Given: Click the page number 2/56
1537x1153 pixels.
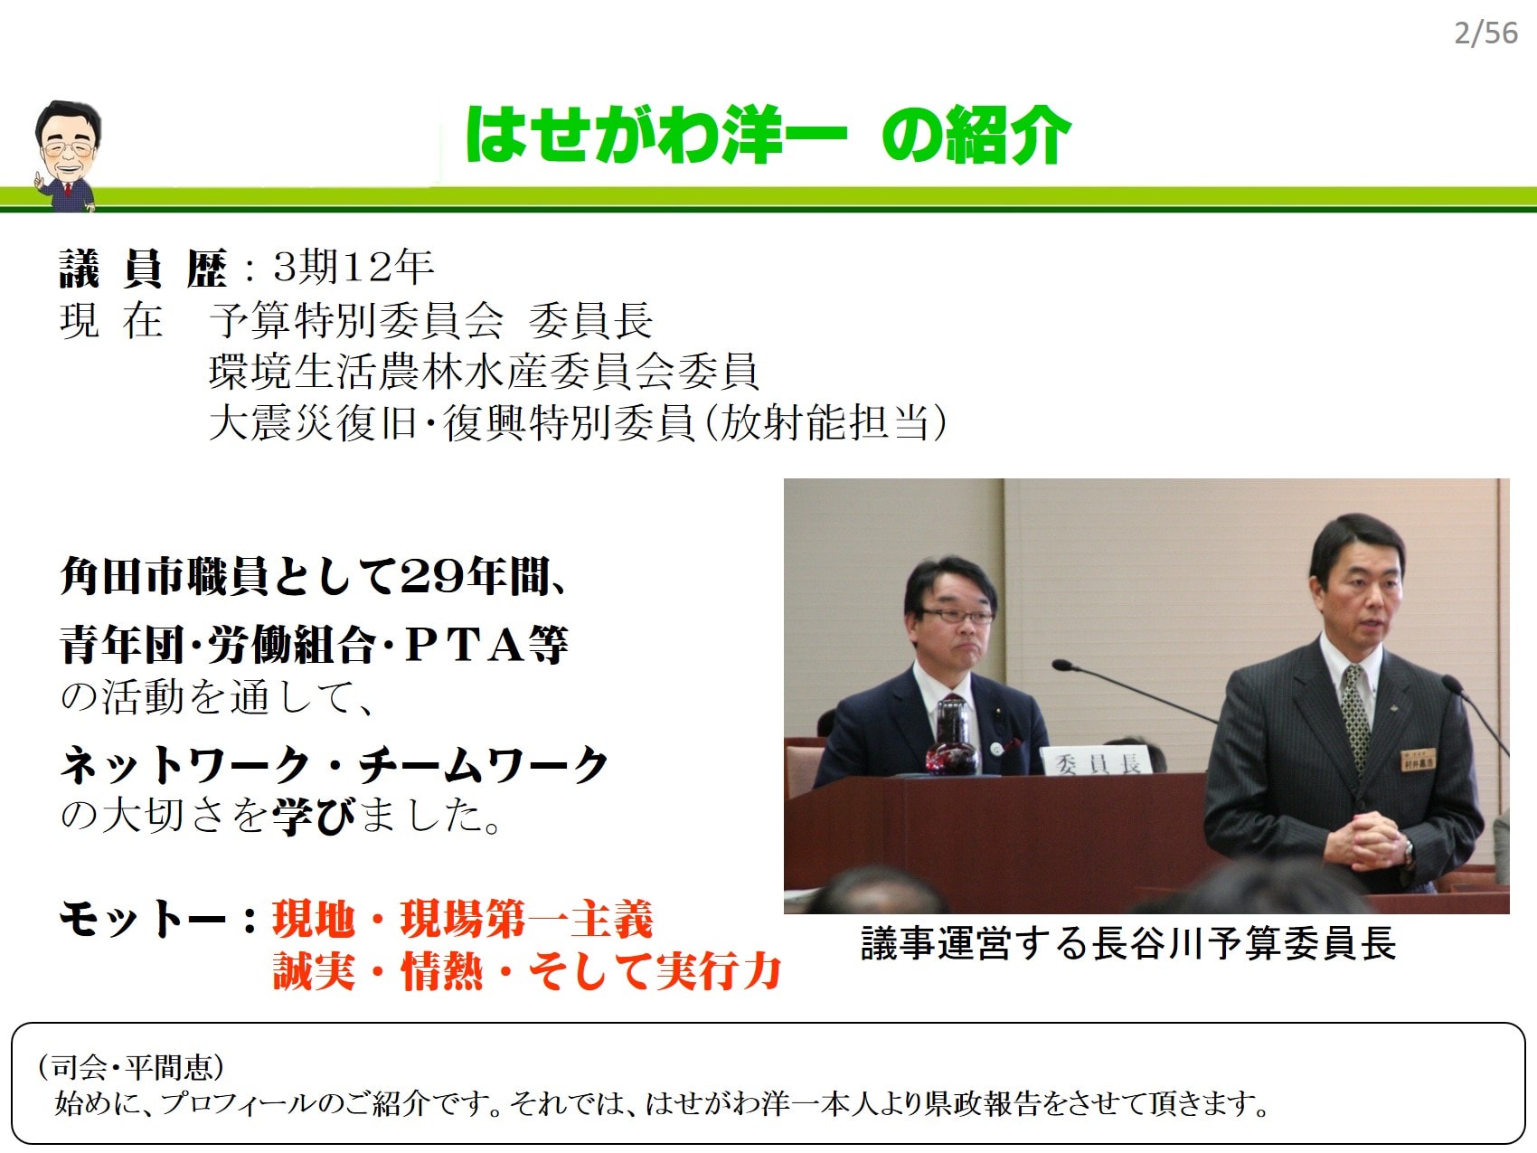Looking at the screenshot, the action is point(1485,33).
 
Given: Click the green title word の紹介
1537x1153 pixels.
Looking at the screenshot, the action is point(976,136).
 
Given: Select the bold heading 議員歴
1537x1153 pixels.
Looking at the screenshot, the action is point(143,268).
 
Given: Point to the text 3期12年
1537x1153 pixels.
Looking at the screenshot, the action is point(354,266).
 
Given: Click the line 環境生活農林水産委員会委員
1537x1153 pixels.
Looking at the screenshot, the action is point(484,371).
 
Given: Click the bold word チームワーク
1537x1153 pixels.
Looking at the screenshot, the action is point(484,766).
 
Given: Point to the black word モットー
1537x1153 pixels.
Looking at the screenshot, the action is point(142,919).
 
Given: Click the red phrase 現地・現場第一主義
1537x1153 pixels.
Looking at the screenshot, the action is point(462,919).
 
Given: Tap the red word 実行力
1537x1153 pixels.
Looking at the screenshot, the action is point(718,971).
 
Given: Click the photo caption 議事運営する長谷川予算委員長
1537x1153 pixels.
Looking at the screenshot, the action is point(1128,943).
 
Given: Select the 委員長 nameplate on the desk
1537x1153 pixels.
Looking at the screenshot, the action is point(1097,763).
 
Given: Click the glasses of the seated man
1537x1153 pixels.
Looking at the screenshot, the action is point(957,616).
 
